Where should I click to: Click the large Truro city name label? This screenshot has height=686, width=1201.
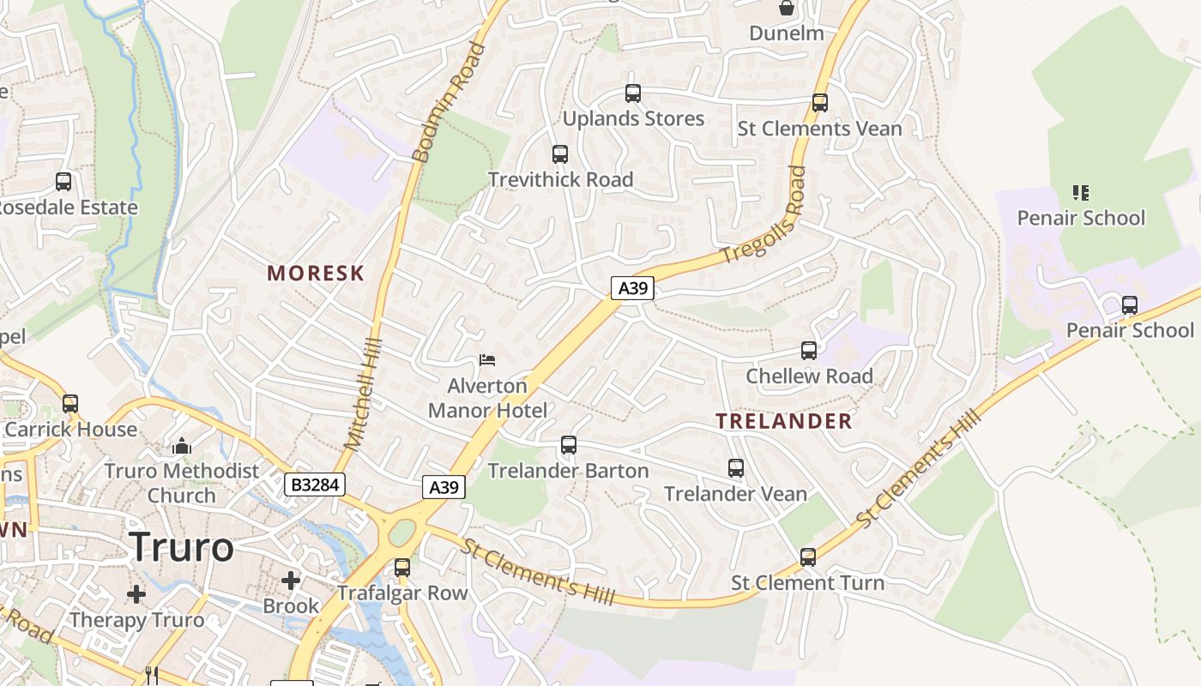[x=182, y=547]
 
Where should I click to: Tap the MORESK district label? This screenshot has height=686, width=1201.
[x=316, y=274]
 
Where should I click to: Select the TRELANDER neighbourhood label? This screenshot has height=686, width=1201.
[x=784, y=421]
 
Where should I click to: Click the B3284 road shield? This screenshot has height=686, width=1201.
[x=315, y=485]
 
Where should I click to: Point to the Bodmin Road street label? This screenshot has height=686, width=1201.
[x=449, y=103]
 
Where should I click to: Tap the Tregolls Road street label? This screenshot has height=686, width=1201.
[x=764, y=215]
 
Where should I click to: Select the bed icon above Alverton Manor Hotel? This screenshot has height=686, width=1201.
[x=487, y=360]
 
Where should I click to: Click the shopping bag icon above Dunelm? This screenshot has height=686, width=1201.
[x=786, y=9]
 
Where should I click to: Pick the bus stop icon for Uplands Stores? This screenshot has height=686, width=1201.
[x=633, y=93]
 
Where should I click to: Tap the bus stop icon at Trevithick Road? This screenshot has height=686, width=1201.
[x=560, y=154]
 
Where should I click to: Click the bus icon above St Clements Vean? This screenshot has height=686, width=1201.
[x=820, y=103]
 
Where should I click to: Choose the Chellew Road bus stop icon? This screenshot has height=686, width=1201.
[x=809, y=351]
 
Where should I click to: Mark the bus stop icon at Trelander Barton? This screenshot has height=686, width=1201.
[x=569, y=445]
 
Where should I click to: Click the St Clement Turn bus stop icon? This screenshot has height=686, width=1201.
[x=808, y=557]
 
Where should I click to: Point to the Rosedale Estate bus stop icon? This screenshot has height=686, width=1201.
[x=63, y=182]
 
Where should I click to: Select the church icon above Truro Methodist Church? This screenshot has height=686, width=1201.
[x=182, y=446]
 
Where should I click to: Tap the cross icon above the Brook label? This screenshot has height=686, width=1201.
[x=291, y=581]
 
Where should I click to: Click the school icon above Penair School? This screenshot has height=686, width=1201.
[x=1081, y=192]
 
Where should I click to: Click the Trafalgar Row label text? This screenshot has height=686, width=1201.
[x=402, y=593]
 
